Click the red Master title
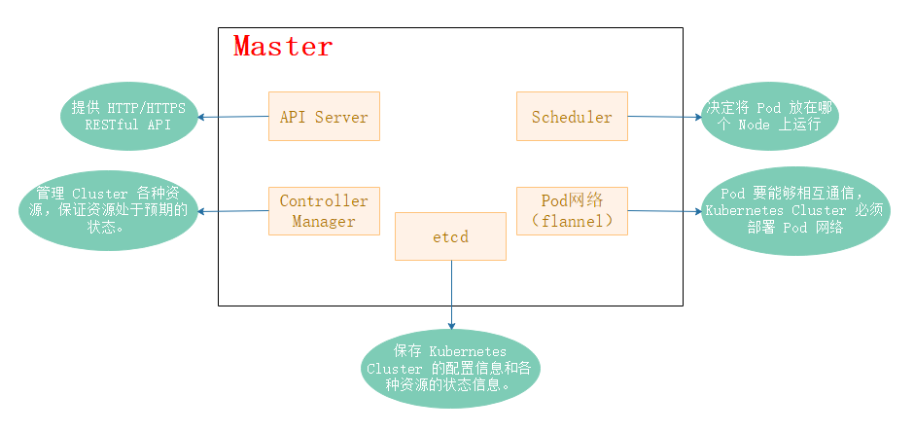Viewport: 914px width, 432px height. pyautogui.click(x=283, y=46)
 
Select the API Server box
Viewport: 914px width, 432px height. pyautogui.click(x=324, y=116)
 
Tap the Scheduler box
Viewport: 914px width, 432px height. pyautogui.click(x=572, y=116)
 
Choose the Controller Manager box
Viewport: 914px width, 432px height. pyautogui.click(x=324, y=211)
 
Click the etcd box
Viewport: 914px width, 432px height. pyautogui.click(x=450, y=236)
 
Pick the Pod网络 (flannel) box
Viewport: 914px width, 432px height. pyautogui.click(x=572, y=211)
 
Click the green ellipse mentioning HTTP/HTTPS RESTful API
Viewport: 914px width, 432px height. pyautogui.click(x=128, y=117)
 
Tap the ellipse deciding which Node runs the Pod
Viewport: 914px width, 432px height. pyautogui.click(x=770, y=117)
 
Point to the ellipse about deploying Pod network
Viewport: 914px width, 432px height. pyautogui.click(x=795, y=210)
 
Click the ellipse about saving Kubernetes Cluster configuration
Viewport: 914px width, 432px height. pyautogui.click(x=450, y=369)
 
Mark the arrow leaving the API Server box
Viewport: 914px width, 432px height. pyautogui.click(x=233, y=117)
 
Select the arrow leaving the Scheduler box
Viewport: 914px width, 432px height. pyautogui.click(x=664, y=117)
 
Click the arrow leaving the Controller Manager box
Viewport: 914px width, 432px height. pyautogui.click(x=233, y=211)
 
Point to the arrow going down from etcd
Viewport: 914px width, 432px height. pyautogui.click(x=451, y=295)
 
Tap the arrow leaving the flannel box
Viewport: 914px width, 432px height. pyautogui.click(x=664, y=211)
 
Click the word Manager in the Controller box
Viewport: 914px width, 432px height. pyautogui.click(x=324, y=222)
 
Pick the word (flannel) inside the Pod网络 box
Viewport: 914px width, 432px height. pyautogui.click(x=573, y=222)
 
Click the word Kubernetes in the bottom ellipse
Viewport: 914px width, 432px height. pyautogui.click(x=468, y=351)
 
